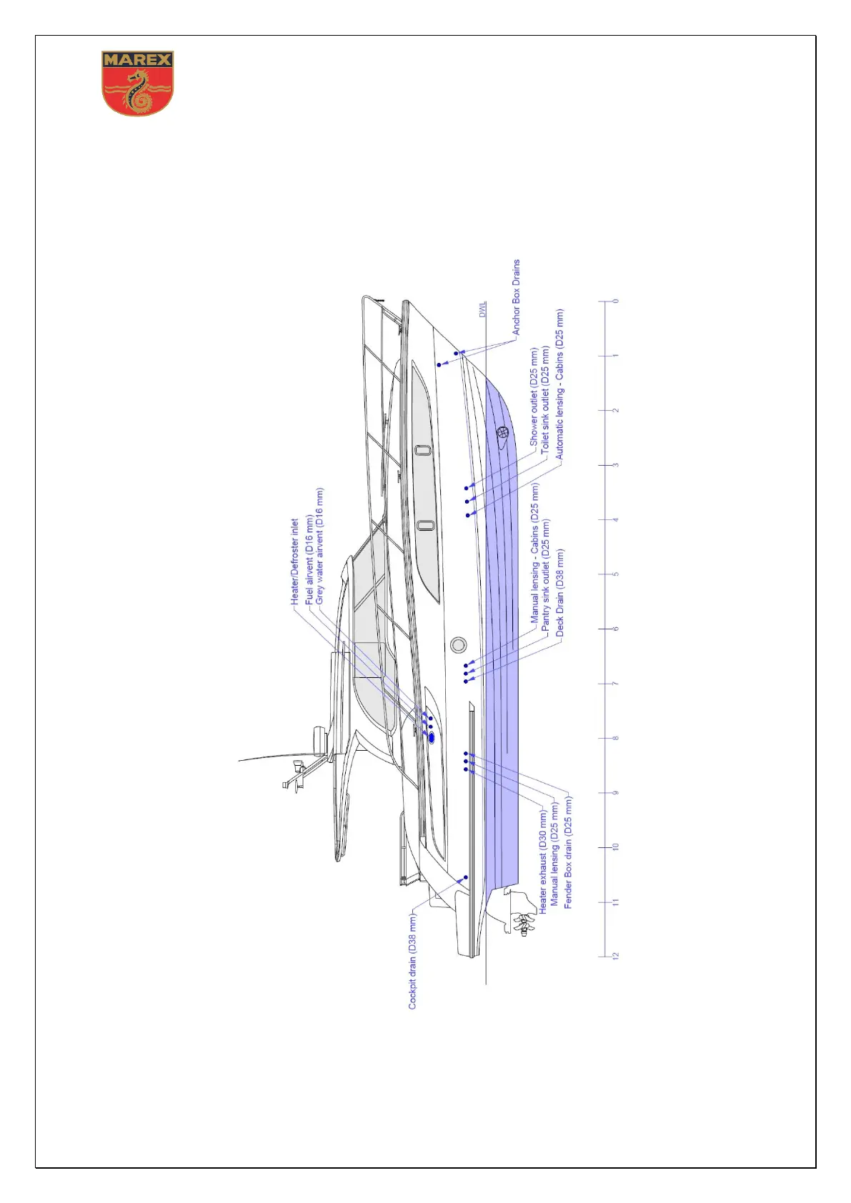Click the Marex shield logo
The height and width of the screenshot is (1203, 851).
click(138, 83)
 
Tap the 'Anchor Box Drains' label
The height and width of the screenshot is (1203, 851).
click(517, 297)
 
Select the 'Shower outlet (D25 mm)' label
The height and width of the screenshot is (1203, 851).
click(534, 397)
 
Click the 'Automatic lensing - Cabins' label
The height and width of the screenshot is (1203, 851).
click(559, 384)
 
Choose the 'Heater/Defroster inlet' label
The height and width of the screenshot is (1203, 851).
click(294, 561)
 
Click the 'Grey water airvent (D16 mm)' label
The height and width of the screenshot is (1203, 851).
click(319, 546)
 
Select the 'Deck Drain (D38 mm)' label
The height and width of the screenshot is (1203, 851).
click(559, 593)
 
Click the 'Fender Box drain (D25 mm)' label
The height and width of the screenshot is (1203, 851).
click(568, 853)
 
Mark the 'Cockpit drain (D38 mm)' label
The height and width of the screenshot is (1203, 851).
click(412, 961)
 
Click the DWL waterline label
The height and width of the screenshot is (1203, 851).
click(482, 309)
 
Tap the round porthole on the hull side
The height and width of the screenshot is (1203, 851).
click(458, 644)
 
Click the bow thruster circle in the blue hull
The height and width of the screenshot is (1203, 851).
click(502, 432)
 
